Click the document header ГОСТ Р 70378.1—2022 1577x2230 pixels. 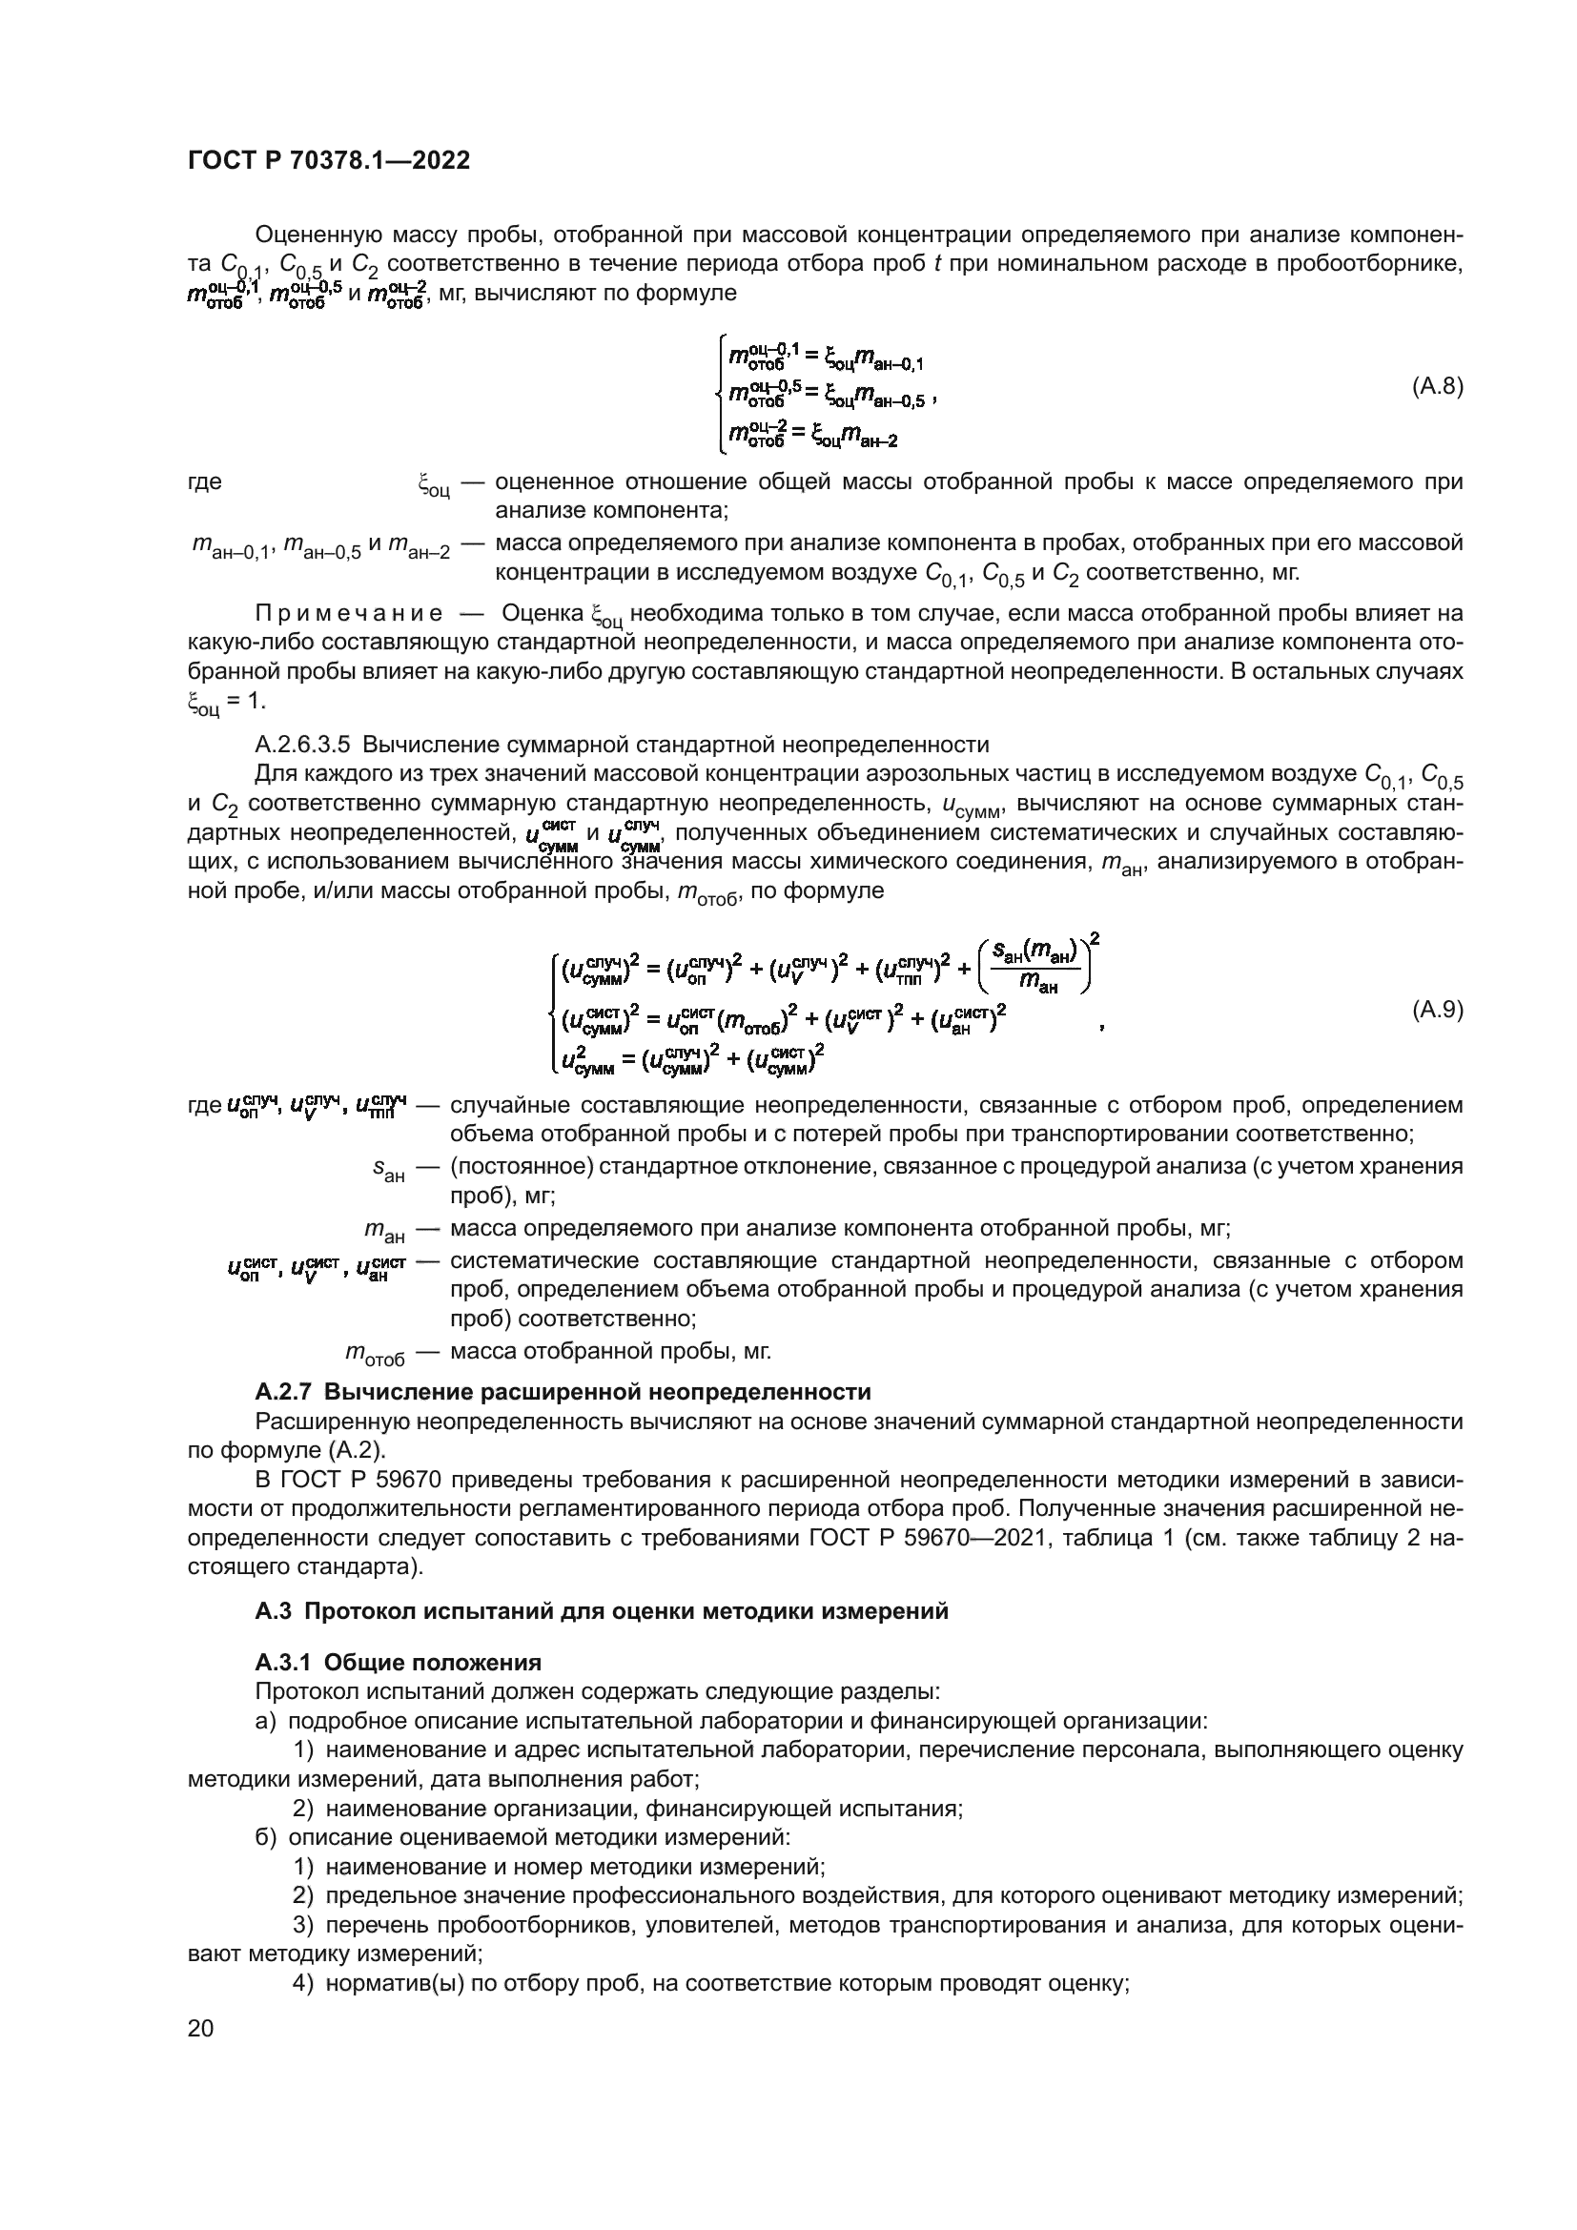pos(328,161)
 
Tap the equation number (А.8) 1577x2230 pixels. pos(1436,386)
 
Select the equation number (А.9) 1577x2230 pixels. pos(1436,1010)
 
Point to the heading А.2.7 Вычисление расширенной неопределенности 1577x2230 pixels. pos(563,1392)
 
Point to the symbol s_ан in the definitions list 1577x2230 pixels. pos(388,1173)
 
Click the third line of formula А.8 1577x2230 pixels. pos(811,440)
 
